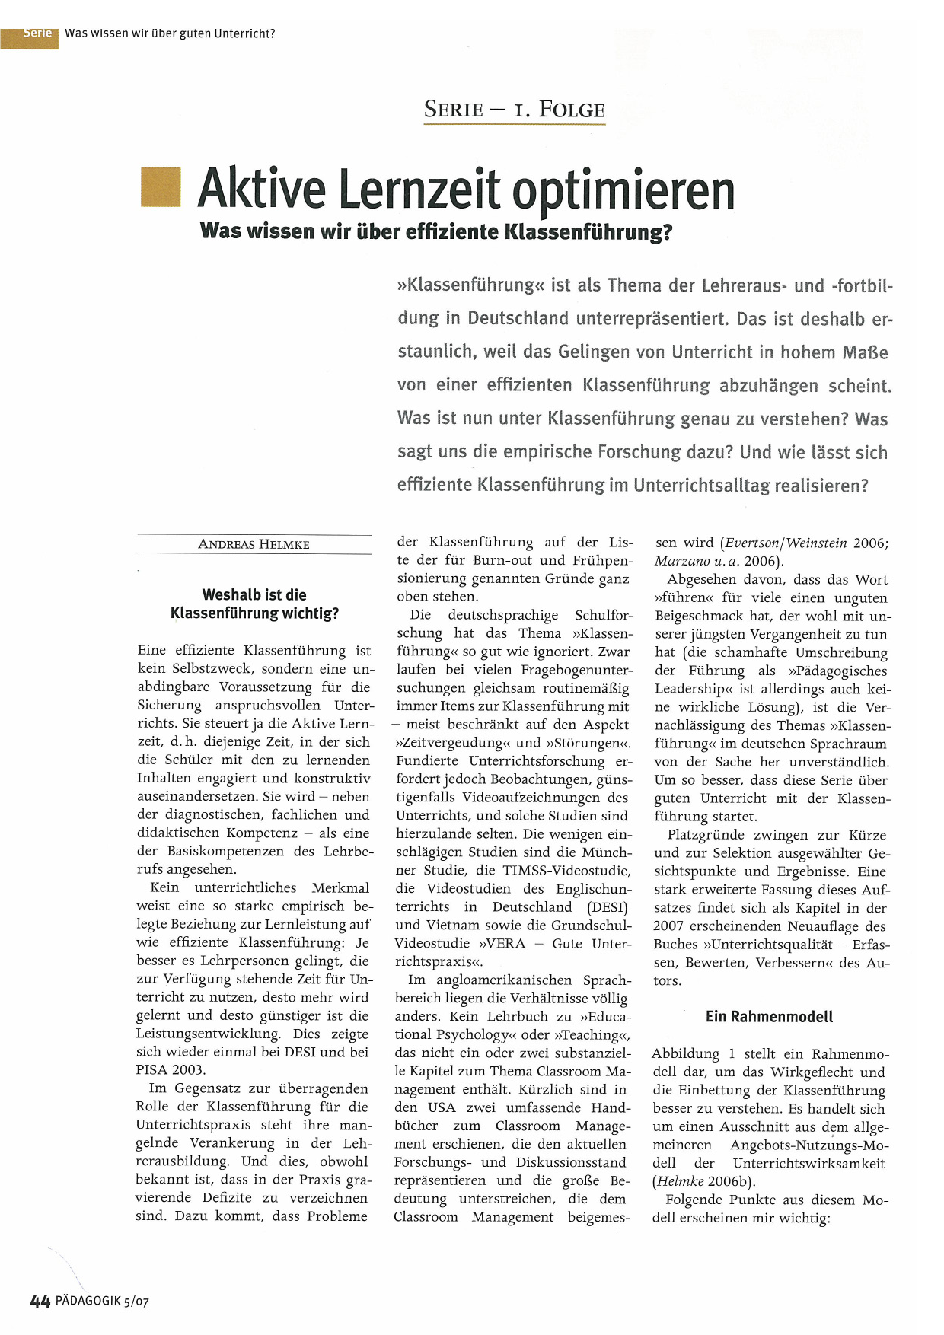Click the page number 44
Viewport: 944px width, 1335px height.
coord(40,1301)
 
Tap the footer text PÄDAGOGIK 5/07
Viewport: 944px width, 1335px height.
coord(102,1301)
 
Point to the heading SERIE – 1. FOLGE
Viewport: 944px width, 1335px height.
coord(515,110)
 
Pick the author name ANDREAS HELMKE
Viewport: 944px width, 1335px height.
coord(254,544)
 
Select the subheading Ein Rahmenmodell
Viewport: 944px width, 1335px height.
coord(769,1017)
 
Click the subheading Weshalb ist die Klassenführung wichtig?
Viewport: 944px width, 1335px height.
coord(254,604)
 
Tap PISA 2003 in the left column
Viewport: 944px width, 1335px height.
coord(171,1069)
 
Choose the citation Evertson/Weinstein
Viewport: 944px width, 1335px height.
coord(786,543)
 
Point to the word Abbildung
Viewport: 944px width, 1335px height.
coord(685,1054)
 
